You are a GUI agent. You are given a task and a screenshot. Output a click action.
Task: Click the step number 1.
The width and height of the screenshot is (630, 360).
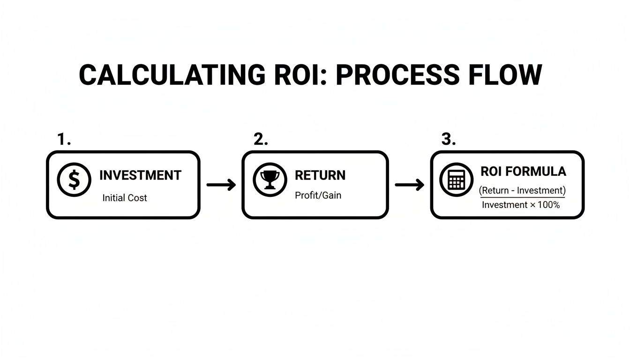[x=63, y=139]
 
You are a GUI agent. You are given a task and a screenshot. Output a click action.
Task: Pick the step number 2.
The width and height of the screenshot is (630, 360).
[x=260, y=139]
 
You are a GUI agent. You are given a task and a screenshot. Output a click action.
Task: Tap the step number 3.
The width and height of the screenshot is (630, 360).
[x=449, y=139]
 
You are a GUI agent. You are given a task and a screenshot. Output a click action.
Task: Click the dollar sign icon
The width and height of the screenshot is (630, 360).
[x=74, y=180]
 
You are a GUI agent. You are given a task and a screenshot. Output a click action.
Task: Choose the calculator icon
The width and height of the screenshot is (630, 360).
[x=456, y=180]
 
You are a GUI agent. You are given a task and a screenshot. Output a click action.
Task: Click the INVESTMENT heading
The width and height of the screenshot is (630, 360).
[x=140, y=175]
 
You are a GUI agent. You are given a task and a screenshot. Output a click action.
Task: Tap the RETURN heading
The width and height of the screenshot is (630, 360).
[x=320, y=175]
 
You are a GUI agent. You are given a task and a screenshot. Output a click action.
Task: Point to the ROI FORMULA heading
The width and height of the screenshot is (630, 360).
[x=523, y=172]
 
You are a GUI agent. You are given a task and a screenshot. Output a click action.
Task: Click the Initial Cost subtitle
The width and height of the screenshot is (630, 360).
[x=125, y=198]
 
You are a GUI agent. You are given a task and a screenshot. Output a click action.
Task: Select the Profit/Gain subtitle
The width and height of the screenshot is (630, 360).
[x=318, y=195]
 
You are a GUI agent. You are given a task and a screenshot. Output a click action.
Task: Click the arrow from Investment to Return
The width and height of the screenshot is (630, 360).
[x=221, y=185]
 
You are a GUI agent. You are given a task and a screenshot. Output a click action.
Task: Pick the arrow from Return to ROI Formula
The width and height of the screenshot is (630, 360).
[x=409, y=185]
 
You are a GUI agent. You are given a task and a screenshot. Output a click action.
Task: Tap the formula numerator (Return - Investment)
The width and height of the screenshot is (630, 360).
[x=522, y=190]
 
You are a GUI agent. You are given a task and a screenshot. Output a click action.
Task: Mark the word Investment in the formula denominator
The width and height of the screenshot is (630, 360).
[x=504, y=205]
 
